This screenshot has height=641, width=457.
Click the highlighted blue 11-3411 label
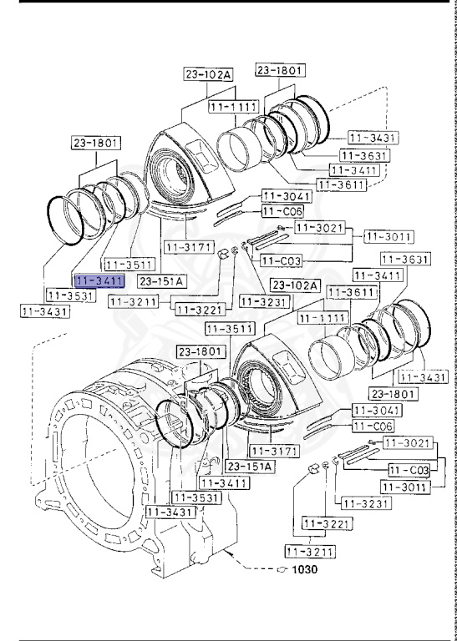[99, 281]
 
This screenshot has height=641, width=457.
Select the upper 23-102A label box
[208, 75]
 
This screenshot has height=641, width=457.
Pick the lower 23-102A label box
[295, 285]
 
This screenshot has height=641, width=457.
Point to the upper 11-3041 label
[287, 195]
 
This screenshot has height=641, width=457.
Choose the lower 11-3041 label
[376, 410]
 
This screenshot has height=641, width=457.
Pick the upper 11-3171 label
[188, 247]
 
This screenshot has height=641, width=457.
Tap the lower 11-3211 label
[310, 551]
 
